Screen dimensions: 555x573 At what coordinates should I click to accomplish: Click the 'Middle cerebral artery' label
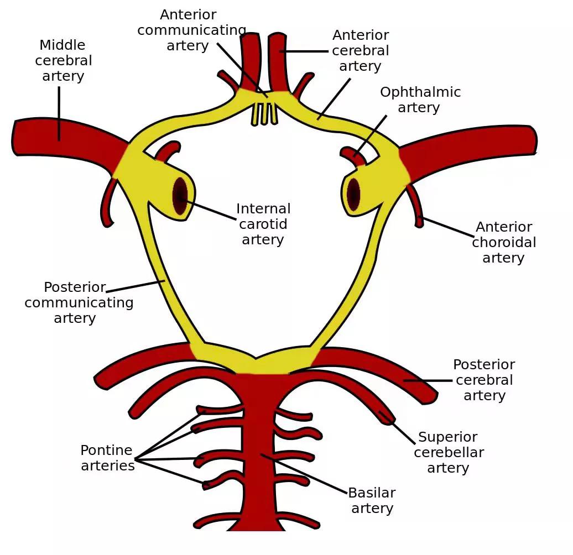point(63,60)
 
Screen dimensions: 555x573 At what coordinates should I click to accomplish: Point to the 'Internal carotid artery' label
point(263,224)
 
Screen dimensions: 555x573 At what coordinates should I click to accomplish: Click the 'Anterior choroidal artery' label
point(503,242)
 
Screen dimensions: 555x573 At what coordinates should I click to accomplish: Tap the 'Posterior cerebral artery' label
point(484,380)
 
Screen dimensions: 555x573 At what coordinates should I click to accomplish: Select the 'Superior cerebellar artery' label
point(449,452)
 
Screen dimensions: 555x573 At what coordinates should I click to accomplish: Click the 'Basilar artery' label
point(372,500)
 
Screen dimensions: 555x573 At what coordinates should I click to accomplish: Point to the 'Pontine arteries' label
point(107,458)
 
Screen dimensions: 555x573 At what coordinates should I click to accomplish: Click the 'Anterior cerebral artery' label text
point(361,50)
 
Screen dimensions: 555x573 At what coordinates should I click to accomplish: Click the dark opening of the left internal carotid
point(180,196)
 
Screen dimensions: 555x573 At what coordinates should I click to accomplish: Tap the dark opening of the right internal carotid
point(353,195)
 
